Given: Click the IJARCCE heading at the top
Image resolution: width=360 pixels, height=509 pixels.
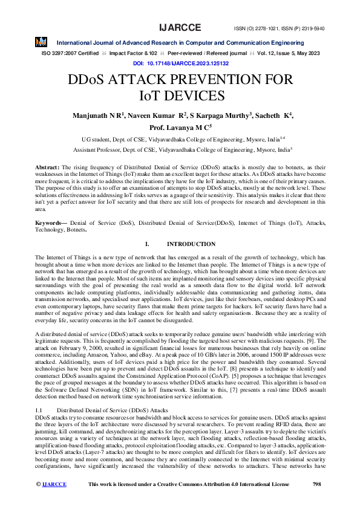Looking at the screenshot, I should tap(180, 28).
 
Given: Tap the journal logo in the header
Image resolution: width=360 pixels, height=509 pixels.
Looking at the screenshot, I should tap(41, 42).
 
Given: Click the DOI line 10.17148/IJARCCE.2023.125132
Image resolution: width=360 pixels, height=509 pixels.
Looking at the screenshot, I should tap(180, 63).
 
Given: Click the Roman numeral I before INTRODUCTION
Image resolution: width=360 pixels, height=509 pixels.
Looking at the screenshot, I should tap(147, 244).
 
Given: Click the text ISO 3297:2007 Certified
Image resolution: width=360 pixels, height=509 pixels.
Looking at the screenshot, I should tap(70, 53).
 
